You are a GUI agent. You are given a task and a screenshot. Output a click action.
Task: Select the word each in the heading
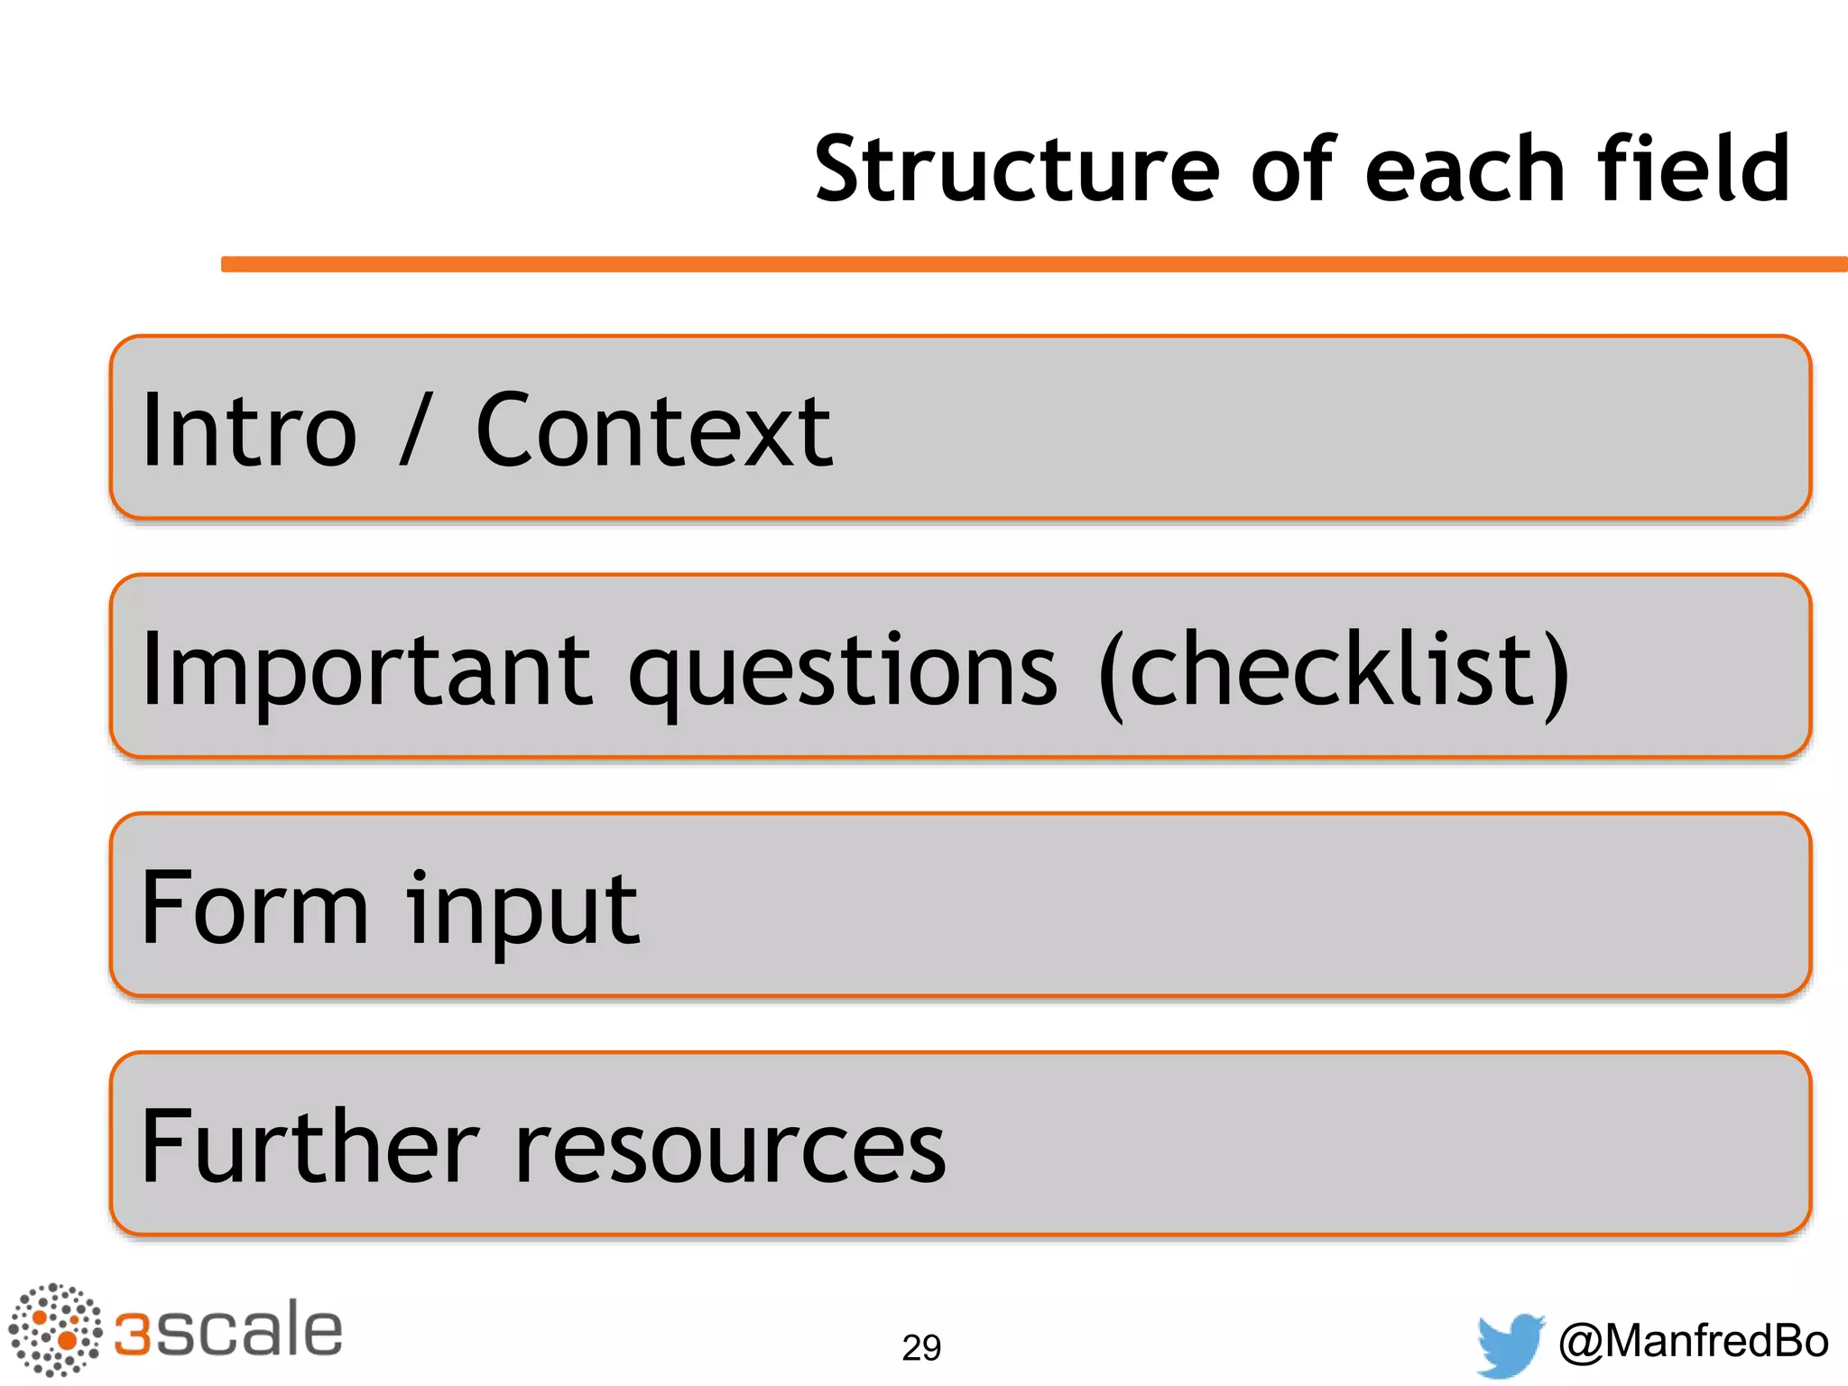pos(1465,170)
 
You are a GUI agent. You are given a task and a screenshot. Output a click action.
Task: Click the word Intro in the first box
pos(249,431)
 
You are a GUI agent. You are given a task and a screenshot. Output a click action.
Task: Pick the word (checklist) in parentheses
pos(1335,670)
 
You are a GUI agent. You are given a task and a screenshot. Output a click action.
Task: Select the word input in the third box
pos(522,910)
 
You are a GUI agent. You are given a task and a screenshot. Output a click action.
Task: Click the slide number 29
pos(921,1347)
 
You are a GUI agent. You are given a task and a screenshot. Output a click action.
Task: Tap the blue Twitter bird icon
pos(1511,1344)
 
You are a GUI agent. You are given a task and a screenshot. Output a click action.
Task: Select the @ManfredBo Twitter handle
pos(1693,1341)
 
